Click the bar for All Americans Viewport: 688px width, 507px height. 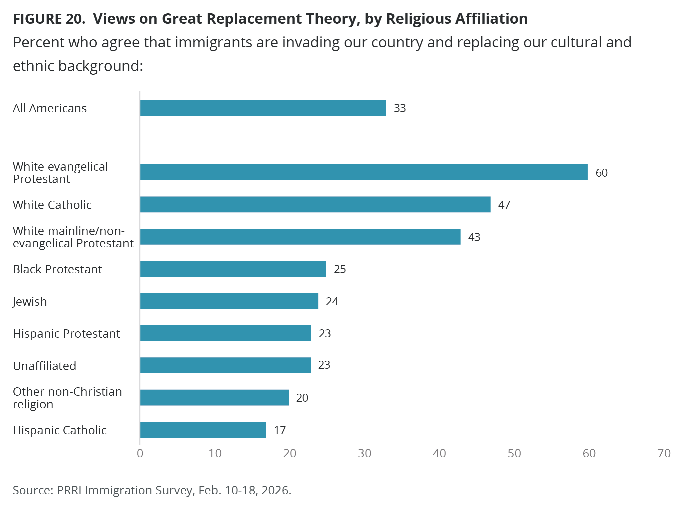[263, 108]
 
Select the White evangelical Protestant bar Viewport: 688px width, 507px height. [364, 172]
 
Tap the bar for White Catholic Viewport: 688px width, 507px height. [315, 204]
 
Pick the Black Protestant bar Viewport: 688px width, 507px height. [233, 269]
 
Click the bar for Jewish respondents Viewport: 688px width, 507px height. [229, 301]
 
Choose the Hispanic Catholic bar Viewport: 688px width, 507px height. [203, 430]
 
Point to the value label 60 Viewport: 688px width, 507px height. [602, 173]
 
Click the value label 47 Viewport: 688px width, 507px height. [504, 205]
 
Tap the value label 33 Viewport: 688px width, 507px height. [400, 108]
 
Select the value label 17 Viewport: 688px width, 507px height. [280, 430]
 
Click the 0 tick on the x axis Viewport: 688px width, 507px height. [140, 453]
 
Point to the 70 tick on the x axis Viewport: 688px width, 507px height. [664, 453]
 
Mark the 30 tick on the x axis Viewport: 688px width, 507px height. [365, 453]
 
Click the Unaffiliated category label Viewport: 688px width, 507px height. [44, 366]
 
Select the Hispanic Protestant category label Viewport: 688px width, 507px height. [66, 334]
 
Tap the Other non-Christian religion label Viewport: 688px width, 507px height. [67, 398]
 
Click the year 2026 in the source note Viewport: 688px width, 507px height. [275, 490]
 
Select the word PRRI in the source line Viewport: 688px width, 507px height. [69, 490]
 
